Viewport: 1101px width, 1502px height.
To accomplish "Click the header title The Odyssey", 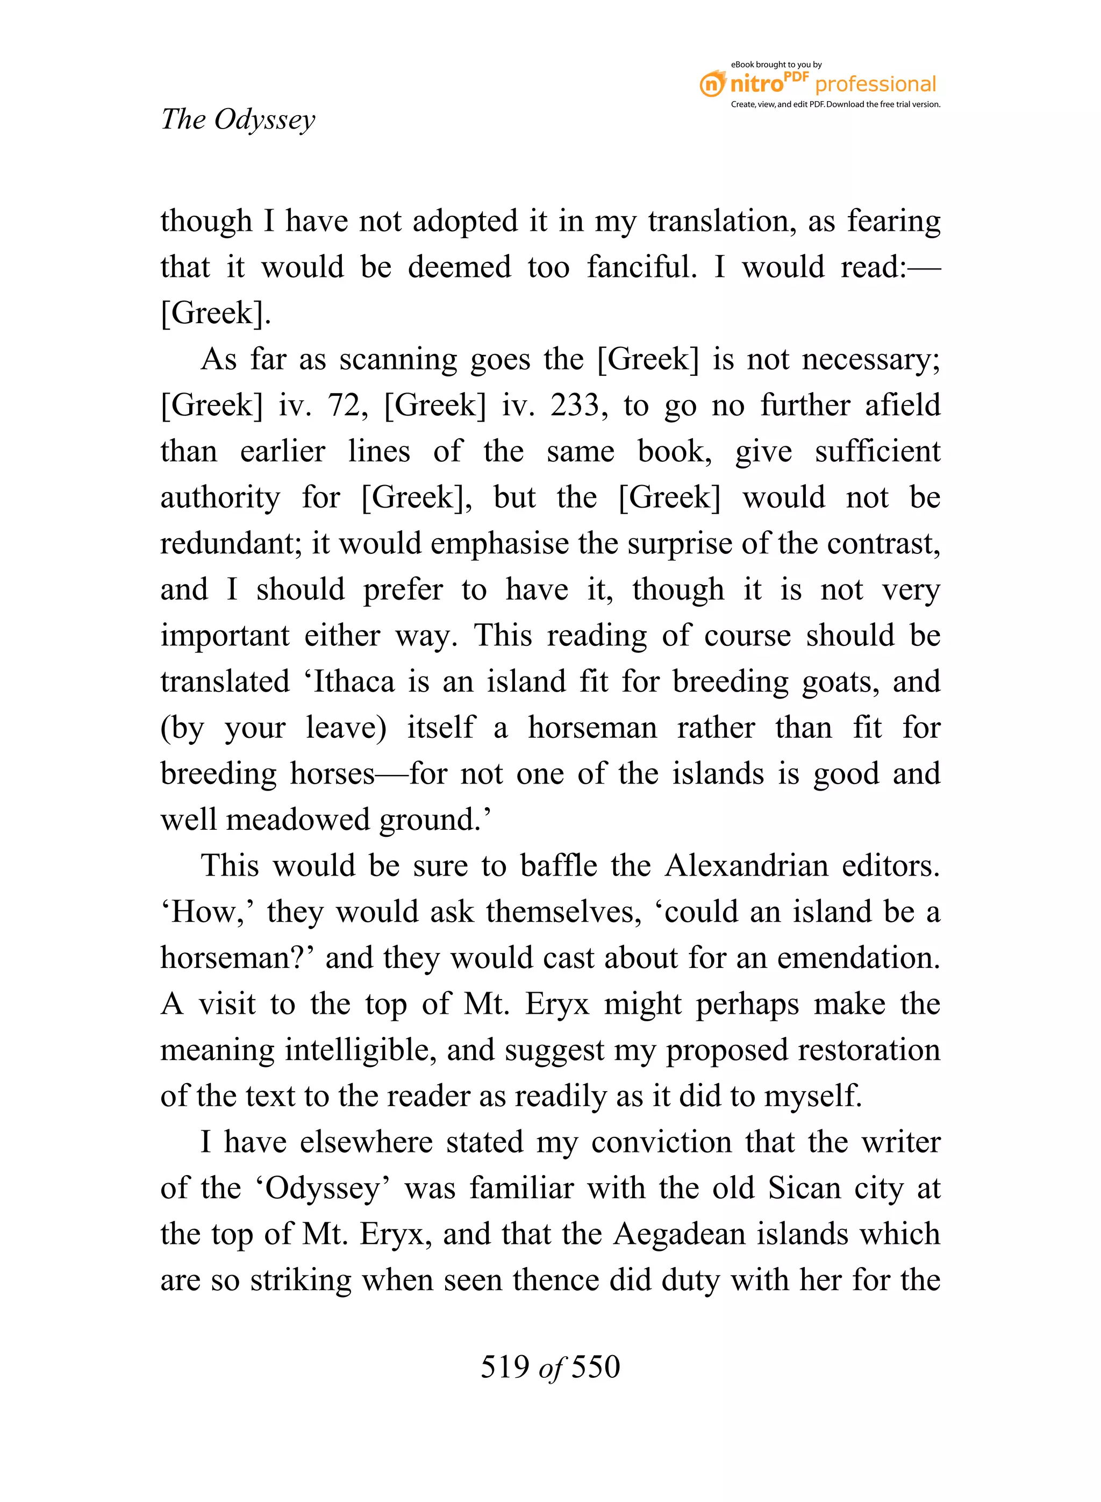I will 238,120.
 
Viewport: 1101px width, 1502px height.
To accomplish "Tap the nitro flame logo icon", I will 712,84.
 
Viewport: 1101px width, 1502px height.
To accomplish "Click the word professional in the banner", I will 875,84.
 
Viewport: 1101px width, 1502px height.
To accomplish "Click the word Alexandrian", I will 746,866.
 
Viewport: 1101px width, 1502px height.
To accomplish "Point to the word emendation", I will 859,958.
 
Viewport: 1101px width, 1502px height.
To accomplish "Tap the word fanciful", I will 641,267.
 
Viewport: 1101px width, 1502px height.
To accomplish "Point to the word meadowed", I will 297,820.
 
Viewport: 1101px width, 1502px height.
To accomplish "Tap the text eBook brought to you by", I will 776,65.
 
